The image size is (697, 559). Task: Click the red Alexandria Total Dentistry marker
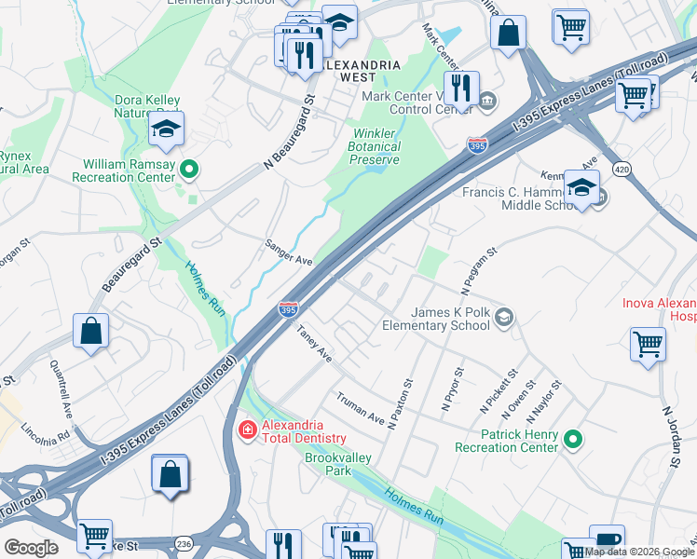[x=248, y=429]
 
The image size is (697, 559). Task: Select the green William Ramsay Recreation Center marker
[x=189, y=169]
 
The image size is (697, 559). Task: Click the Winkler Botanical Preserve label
[x=375, y=146]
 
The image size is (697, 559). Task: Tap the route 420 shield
[x=622, y=168]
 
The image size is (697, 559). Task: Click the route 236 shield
[x=183, y=543]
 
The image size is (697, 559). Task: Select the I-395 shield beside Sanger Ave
[x=288, y=308]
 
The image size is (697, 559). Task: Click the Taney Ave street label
[x=314, y=343]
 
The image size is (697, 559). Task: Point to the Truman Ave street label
[x=361, y=408]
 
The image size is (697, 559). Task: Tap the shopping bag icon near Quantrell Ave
[x=91, y=333]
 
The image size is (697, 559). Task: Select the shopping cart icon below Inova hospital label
[x=648, y=344]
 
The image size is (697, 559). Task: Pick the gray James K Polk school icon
[x=504, y=319]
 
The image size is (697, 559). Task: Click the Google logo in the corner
[x=31, y=548]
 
